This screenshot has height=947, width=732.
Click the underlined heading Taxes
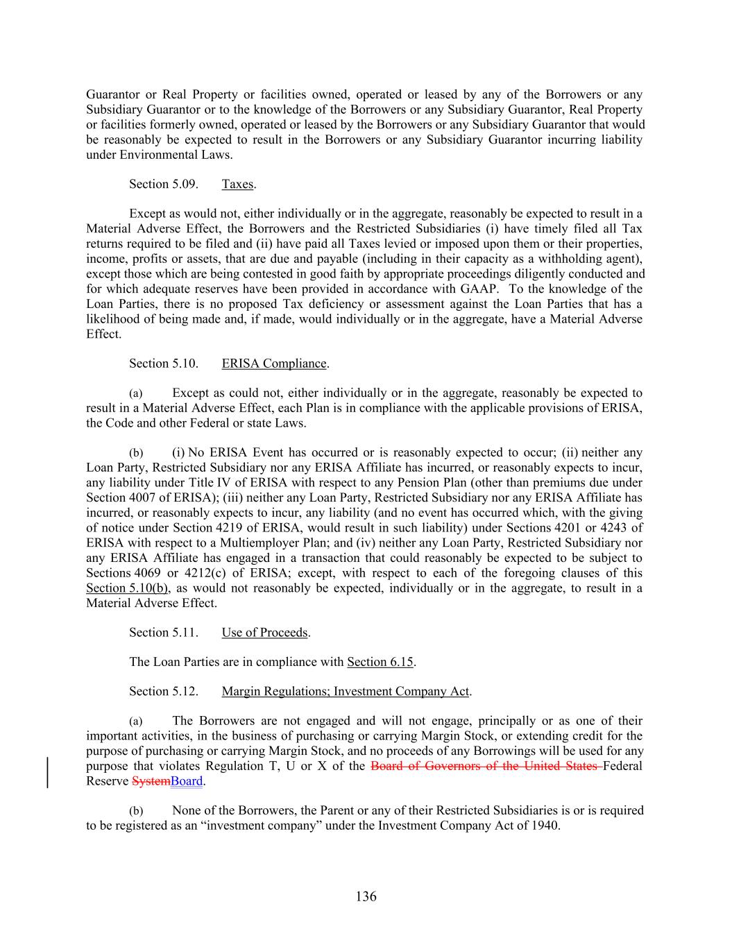[237, 184]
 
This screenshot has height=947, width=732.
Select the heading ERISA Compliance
[274, 364]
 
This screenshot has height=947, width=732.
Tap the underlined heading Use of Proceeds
[264, 632]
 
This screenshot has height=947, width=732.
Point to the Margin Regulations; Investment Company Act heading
[346, 691]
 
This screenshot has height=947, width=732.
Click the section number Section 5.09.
[164, 184]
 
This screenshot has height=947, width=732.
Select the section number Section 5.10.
[164, 364]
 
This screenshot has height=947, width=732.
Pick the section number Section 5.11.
[164, 632]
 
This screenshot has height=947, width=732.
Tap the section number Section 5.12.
[164, 691]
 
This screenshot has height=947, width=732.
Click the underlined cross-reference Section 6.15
[380, 662]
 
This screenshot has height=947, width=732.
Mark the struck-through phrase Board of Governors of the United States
[486, 766]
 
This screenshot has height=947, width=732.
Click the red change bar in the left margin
[48, 773]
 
